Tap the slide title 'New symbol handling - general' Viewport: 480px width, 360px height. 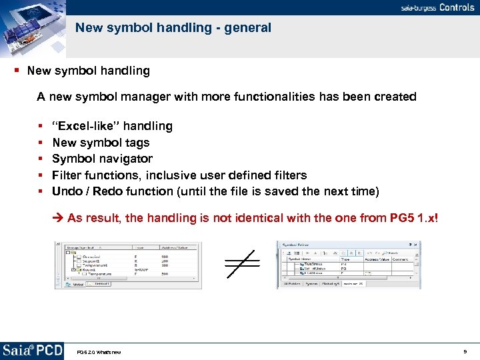[173, 28]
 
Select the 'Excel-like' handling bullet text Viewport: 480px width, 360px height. [112, 126]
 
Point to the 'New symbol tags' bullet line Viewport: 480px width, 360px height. [101, 142]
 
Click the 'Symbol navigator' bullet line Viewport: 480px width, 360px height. [102, 159]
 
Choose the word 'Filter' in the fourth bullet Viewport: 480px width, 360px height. [67, 175]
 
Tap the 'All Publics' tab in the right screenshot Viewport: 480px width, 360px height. [291, 284]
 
